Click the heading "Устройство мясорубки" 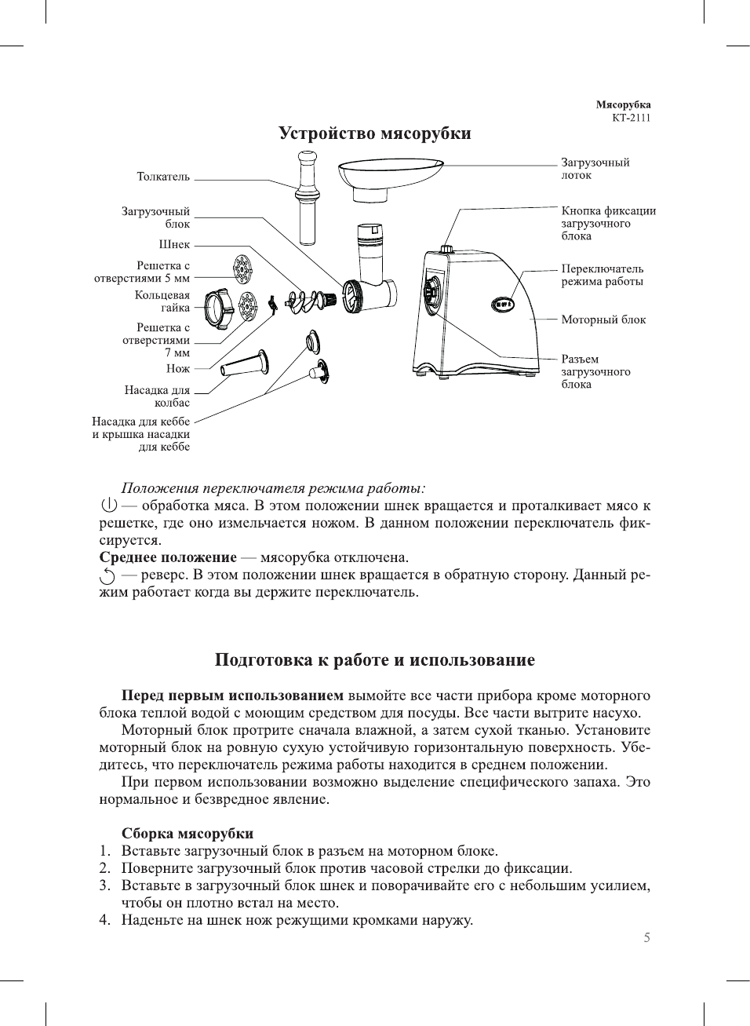[x=374, y=133]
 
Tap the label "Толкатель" [x=163, y=177]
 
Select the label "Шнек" [x=174, y=245]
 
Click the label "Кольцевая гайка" [x=162, y=301]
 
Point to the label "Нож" [x=178, y=369]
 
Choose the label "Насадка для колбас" [x=157, y=396]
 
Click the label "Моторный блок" [x=603, y=320]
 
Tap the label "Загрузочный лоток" [x=595, y=169]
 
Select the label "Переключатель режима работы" [x=602, y=276]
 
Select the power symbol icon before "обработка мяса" [x=109, y=506]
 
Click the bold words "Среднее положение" [x=168, y=558]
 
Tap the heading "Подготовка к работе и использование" [x=374, y=660]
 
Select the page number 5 [x=646, y=938]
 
